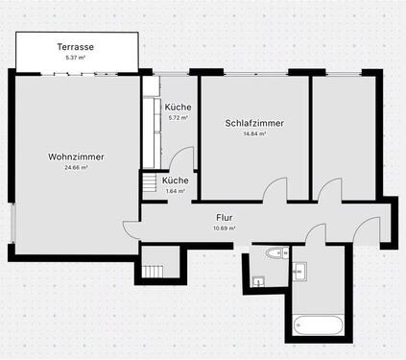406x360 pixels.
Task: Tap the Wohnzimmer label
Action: [x=76, y=156]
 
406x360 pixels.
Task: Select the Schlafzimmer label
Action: [x=254, y=123]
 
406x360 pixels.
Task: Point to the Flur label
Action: [x=225, y=218]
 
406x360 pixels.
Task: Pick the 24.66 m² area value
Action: [x=76, y=168]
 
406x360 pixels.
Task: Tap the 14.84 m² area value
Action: [x=254, y=134]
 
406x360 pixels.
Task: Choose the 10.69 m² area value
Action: [x=225, y=228]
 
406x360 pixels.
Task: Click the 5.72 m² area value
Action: [x=177, y=118]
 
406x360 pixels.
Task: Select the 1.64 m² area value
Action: [x=175, y=191]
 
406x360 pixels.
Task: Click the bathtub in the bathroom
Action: [x=317, y=327]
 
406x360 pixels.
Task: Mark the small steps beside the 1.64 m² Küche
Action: [x=150, y=182]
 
